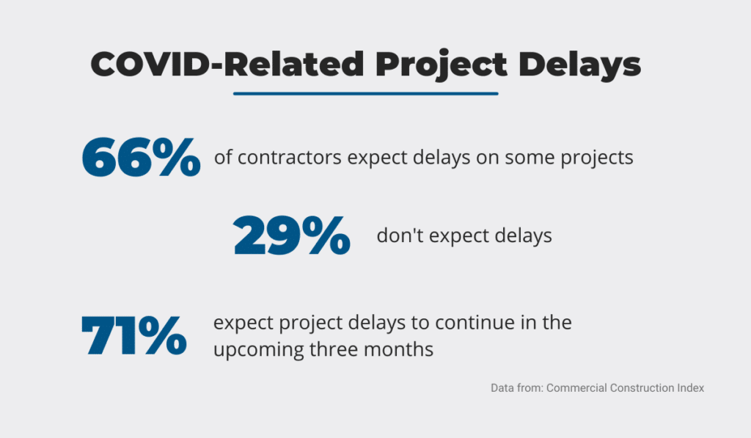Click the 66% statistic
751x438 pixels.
coord(142,157)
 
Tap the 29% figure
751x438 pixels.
coord(292,235)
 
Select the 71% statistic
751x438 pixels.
coord(134,335)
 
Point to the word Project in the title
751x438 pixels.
coord(441,65)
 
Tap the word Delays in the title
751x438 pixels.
coord(579,65)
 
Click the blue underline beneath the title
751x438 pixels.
coord(366,93)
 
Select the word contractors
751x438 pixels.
coord(289,158)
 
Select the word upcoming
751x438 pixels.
coord(259,350)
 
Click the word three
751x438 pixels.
coord(334,349)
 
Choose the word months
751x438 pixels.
coord(398,349)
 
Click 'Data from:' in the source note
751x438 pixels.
coord(517,387)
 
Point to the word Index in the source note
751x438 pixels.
coord(690,387)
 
